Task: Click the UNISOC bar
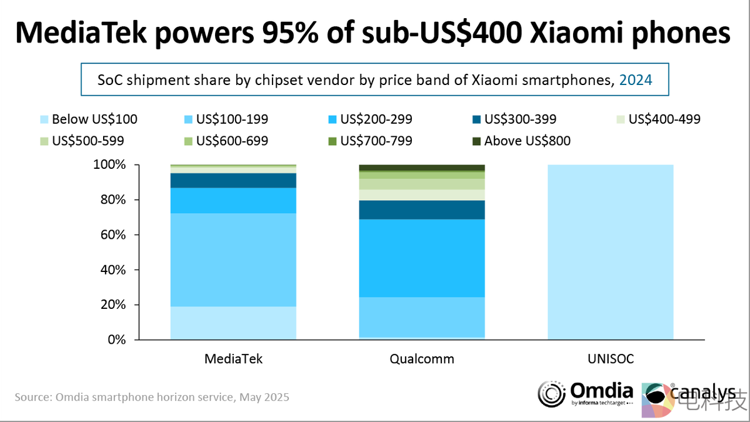610,253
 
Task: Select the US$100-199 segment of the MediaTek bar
233,259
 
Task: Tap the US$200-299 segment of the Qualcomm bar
422,258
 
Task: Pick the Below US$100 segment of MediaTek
233,323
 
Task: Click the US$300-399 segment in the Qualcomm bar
422,209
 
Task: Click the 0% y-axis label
117,340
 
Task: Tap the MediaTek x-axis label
233,359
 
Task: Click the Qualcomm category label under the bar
422,359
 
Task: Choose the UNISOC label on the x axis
610,359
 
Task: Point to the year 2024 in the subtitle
636,81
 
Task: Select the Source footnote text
152,397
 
